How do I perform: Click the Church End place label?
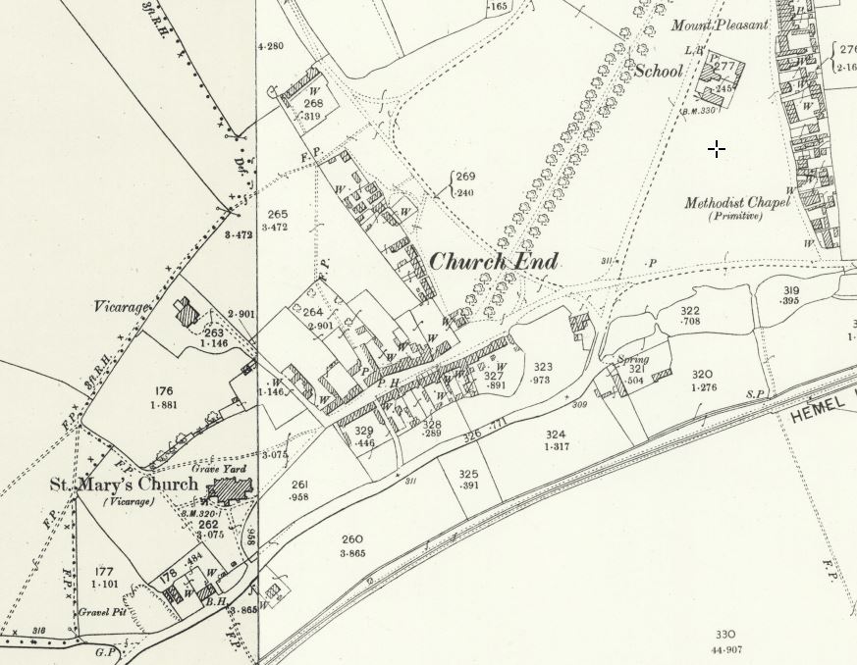click(494, 262)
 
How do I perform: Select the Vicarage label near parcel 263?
click(123, 307)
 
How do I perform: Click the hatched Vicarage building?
click(186, 312)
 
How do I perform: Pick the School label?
click(659, 71)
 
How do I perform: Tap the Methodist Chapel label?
click(737, 203)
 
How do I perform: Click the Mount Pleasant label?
click(720, 25)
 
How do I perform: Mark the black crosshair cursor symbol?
click(718, 149)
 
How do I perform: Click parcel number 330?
click(726, 635)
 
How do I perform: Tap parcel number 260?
click(352, 538)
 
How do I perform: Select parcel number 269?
click(465, 178)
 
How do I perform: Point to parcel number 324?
click(556, 434)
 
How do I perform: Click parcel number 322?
click(690, 310)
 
